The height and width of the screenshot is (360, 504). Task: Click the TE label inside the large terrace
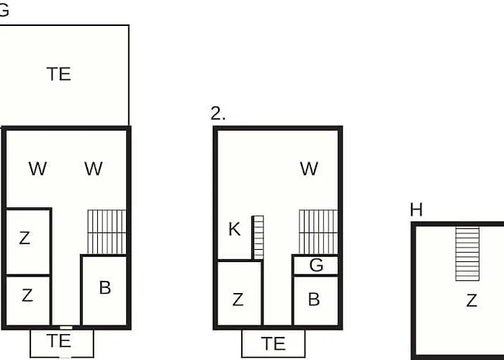[59, 74]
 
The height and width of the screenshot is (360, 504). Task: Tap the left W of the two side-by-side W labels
[37, 168]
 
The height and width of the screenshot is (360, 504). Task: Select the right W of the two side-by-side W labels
[94, 168]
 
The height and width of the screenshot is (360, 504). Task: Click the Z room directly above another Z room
[28, 241]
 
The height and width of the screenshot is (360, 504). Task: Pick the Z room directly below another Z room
[28, 300]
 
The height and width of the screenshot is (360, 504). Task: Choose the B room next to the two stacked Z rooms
[104, 290]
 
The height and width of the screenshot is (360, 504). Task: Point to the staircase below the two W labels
[107, 232]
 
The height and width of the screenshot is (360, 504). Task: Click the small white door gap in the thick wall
[66, 328]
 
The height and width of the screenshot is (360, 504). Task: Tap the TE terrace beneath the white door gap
[62, 343]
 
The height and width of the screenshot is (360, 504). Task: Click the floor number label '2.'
[218, 114]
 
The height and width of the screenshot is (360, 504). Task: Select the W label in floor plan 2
[309, 168]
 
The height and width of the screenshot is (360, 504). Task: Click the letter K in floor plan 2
[234, 229]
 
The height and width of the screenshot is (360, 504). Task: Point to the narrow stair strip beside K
[258, 237]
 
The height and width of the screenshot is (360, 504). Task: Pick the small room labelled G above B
[315, 265]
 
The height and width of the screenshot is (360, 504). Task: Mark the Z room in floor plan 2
[240, 293]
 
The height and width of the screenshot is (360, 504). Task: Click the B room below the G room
[315, 300]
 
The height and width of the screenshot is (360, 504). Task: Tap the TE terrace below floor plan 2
[273, 343]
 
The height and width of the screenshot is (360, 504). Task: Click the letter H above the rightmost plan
[416, 210]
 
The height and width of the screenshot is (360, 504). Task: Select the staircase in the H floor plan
[467, 254]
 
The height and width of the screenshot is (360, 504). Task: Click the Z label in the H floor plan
[472, 300]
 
